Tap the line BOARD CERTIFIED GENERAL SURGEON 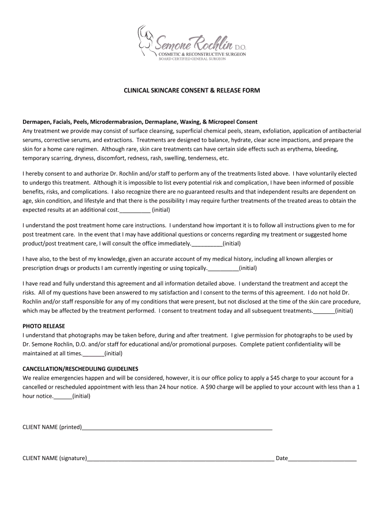click(192, 58)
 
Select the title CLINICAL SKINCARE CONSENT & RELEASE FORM click(192, 91)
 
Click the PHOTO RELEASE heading click(42, 326)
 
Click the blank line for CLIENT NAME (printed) click(177, 428)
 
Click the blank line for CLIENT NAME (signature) click(181, 458)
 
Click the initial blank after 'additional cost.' click(135, 211)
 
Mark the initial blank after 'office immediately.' click(207, 244)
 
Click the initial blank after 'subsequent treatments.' click(324, 311)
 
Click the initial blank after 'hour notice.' click(62, 397)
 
